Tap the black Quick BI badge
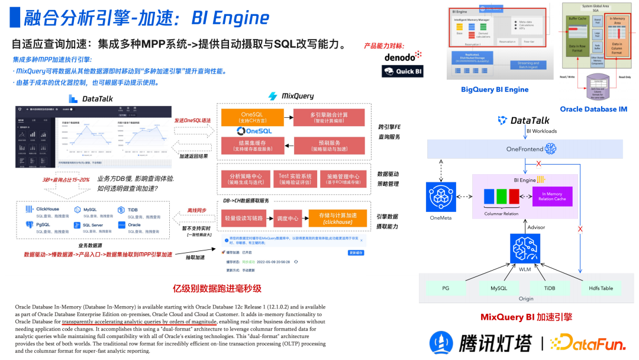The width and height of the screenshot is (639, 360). [402, 71]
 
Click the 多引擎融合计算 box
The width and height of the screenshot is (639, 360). [328, 117]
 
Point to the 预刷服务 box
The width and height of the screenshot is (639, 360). [328, 146]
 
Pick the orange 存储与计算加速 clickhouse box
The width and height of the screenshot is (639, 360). [338, 218]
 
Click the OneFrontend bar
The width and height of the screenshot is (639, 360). [525, 149]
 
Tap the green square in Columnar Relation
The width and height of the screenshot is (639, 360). [501, 196]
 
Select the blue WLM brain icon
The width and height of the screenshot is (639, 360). [525, 247]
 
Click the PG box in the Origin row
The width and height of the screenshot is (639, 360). [446, 288]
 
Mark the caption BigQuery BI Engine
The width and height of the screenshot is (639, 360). [495, 89]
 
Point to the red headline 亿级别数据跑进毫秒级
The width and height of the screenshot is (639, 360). [217, 288]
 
